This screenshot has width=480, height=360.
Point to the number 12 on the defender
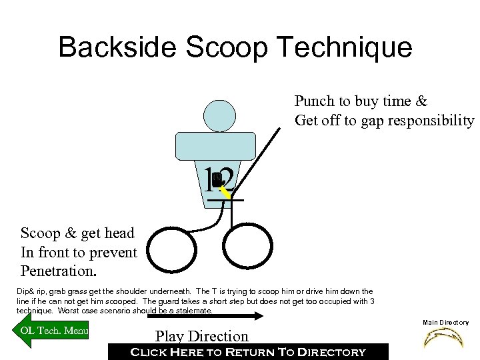coord(220,179)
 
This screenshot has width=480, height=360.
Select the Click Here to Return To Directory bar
coord(247,351)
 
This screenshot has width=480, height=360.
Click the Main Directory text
coord(446,323)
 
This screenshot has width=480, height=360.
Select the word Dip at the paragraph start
coord(22,291)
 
